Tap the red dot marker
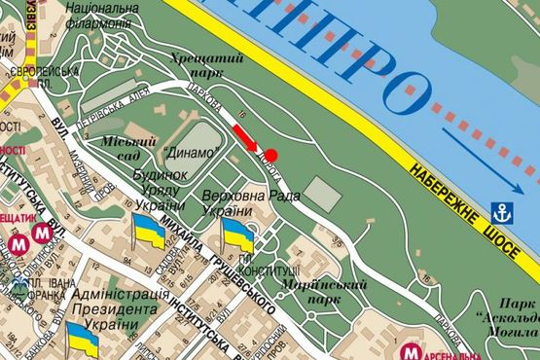[271, 155]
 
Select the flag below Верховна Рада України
[238, 233]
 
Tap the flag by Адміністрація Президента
[82, 338]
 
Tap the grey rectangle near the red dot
[325, 194]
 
